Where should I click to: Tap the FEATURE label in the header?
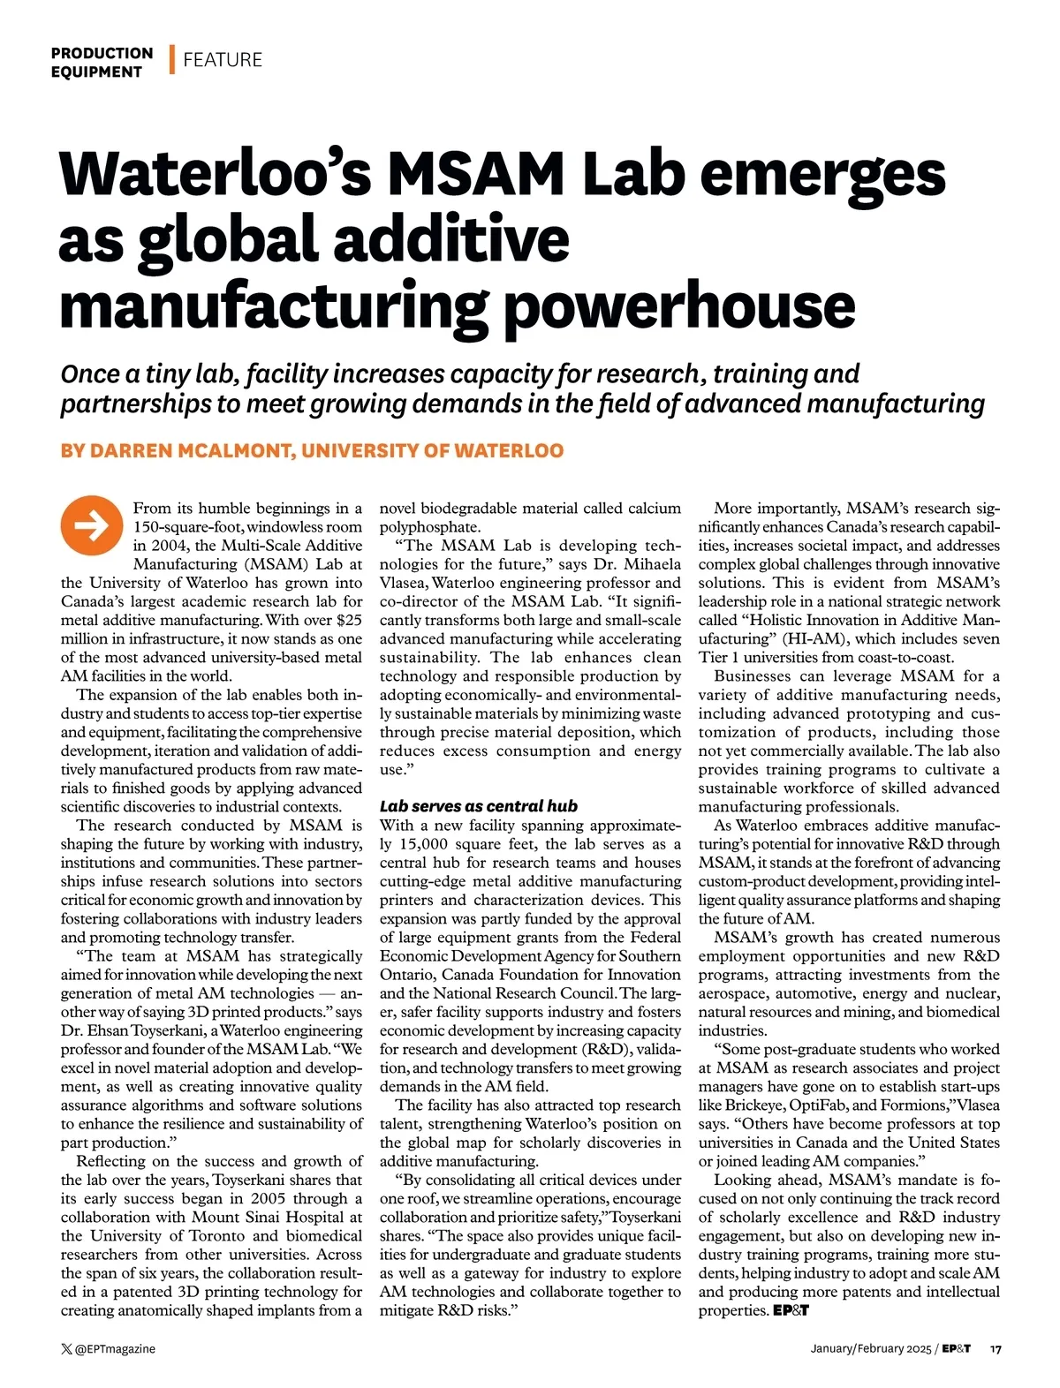[223, 60]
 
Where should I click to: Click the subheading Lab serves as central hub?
[478, 806]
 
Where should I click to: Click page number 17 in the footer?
[995, 1348]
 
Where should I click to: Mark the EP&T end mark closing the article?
[791, 1310]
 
